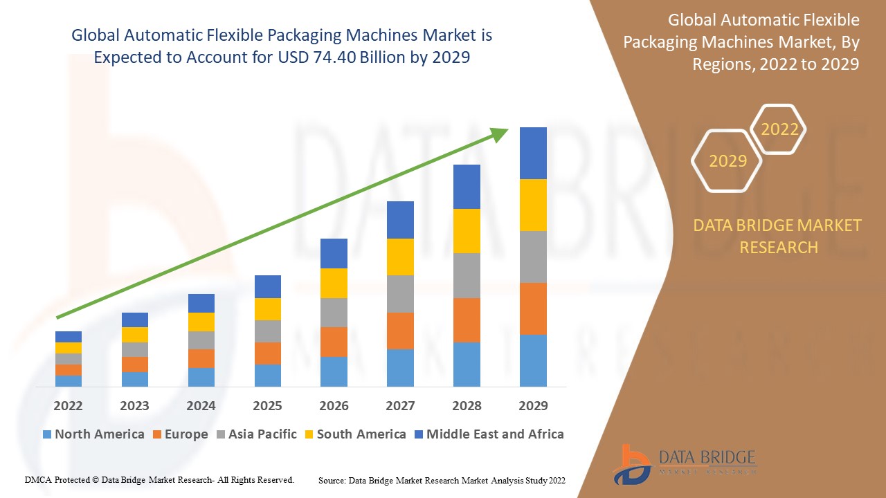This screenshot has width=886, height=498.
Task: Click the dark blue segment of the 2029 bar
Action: coord(533,153)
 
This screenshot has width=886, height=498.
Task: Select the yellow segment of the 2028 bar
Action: coord(467,230)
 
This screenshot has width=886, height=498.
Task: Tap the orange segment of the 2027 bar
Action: coord(400,331)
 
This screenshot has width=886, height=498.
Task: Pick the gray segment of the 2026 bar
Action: coord(334,312)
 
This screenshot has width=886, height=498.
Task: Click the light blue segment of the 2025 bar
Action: coord(268,375)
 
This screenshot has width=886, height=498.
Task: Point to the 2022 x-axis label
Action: coord(68,405)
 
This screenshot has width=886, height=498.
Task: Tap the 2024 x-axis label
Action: coord(201,405)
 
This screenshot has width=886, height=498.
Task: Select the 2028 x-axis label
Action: coord(467,405)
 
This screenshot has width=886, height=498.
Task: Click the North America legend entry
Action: coord(93,434)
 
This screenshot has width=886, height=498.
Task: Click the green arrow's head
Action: coord(500,133)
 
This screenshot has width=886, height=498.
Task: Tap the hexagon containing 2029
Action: coord(727,161)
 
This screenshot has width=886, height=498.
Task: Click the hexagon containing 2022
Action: coord(779,129)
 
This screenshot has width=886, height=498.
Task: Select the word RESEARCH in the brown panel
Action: coord(779,247)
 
